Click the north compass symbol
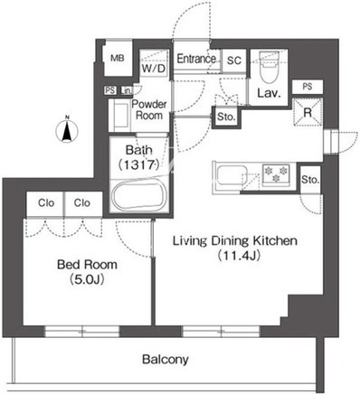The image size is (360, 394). click(x=67, y=130)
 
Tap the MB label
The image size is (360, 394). click(x=118, y=58)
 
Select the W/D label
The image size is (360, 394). click(x=154, y=69)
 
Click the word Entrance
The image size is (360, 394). click(x=196, y=59)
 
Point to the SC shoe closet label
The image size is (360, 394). click(x=234, y=61)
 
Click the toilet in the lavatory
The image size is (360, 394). click(x=270, y=67)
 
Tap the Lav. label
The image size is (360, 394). click(x=269, y=93)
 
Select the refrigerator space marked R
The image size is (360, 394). click(x=308, y=112)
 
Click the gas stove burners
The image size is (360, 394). click(x=276, y=174)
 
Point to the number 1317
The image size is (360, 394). click(x=138, y=164)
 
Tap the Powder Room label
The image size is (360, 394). click(x=149, y=109)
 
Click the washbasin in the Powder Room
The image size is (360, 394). click(x=120, y=116)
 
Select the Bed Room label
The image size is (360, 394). click(x=87, y=265)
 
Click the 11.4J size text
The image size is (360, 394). click(x=238, y=256)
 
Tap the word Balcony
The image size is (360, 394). click(x=166, y=359)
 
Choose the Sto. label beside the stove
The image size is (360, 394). click(x=310, y=180)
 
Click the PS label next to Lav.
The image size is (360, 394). click(x=308, y=87)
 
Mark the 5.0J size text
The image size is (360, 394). click(x=87, y=279)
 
